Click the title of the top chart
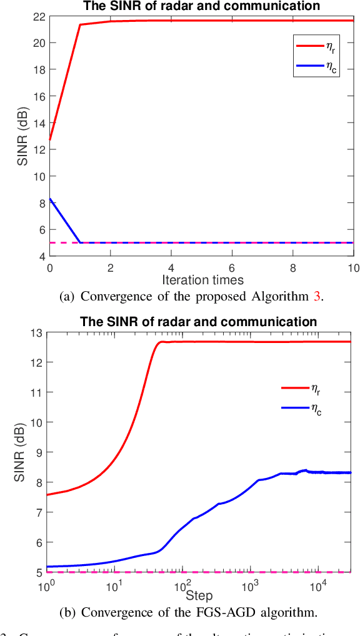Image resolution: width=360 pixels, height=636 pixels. pos(202,6)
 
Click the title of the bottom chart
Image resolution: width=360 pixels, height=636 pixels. pos(198,322)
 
